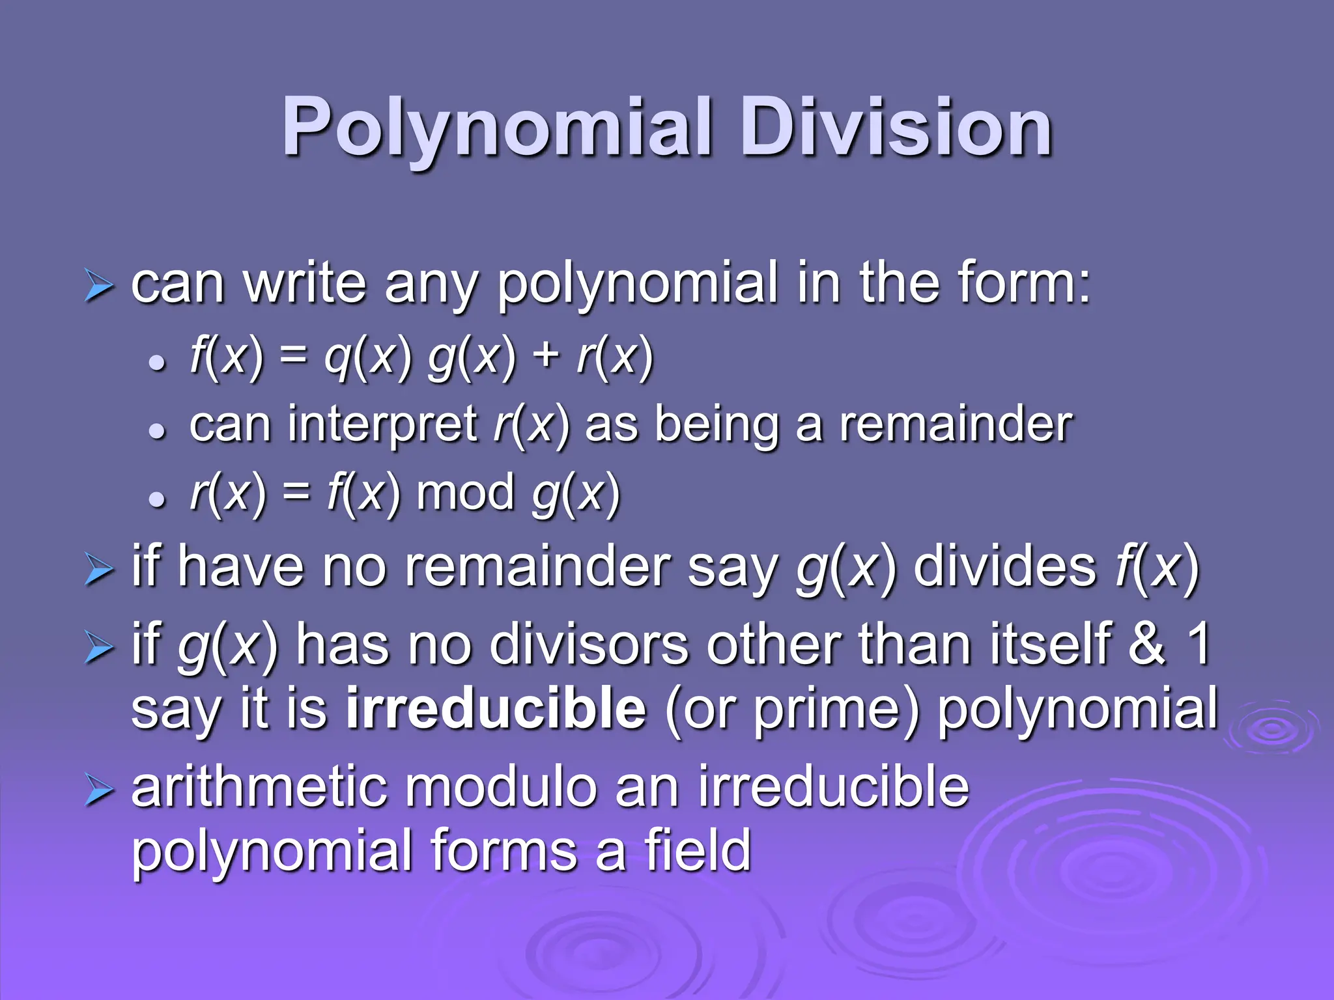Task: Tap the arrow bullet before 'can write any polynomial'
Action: [x=99, y=286]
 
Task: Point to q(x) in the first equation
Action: [x=368, y=357]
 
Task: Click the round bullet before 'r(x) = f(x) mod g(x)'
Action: [x=156, y=499]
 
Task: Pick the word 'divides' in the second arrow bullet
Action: [x=1004, y=567]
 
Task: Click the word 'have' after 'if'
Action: [x=240, y=567]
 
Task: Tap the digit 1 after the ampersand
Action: [x=1199, y=645]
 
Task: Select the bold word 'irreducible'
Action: [x=496, y=709]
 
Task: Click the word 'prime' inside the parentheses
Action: [x=827, y=711]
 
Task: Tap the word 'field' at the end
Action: [x=698, y=850]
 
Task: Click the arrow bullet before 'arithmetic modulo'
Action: [x=99, y=792]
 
